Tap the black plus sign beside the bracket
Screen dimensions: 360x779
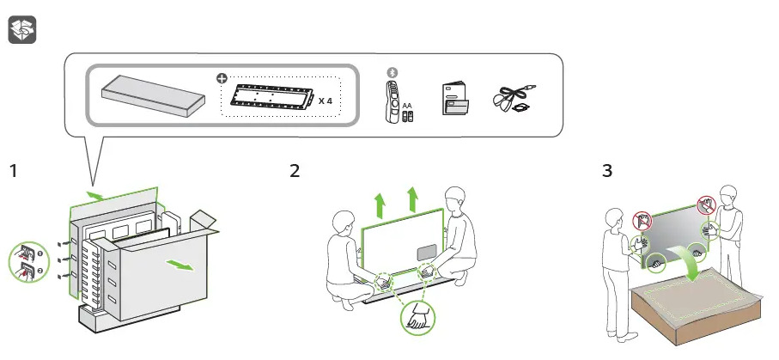pyautogui.click(x=223, y=78)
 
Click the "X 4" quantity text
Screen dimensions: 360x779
pyautogui.click(x=326, y=101)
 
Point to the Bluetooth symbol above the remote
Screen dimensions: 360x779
pyautogui.click(x=393, y=72)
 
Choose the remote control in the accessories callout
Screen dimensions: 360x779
pyautogui.click(x=393, y=102)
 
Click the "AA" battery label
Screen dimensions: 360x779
pyautogui.click(x=407, y=104)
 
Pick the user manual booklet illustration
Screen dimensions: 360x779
pyautogui.click(x=454, y=99)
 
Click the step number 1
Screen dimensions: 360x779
pyautogui.click(x=13, y=171)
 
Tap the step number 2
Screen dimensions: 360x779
pyautogui.click(x=295, y=171)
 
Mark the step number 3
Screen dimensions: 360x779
pyautogui.click(x=607, y=171)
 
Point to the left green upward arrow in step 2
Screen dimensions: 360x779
pyautogui.click(x=379, y=204)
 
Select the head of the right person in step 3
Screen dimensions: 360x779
pyautogui.click(x=729, y=195)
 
